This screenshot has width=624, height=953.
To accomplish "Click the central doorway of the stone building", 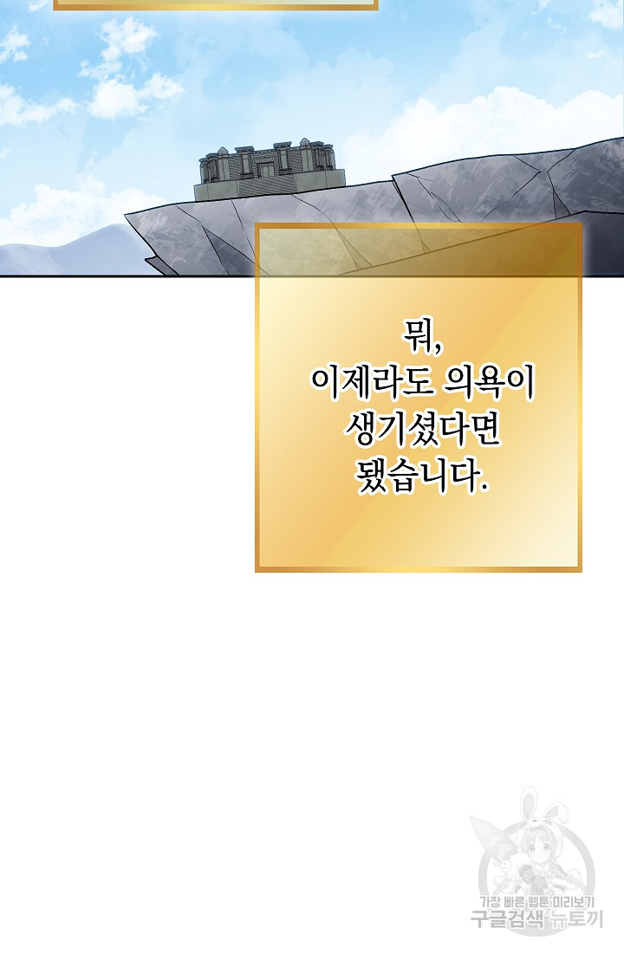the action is [266, 167].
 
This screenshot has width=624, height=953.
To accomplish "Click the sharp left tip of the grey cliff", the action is [126, 214].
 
